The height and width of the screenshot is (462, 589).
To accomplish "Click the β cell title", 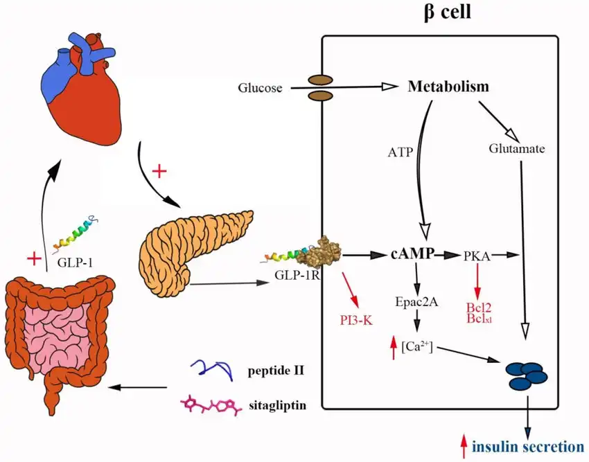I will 447,12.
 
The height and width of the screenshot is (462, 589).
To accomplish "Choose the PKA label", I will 477,256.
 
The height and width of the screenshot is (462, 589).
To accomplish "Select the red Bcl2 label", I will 477,308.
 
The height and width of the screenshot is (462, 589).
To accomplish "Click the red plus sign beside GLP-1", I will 33,259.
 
